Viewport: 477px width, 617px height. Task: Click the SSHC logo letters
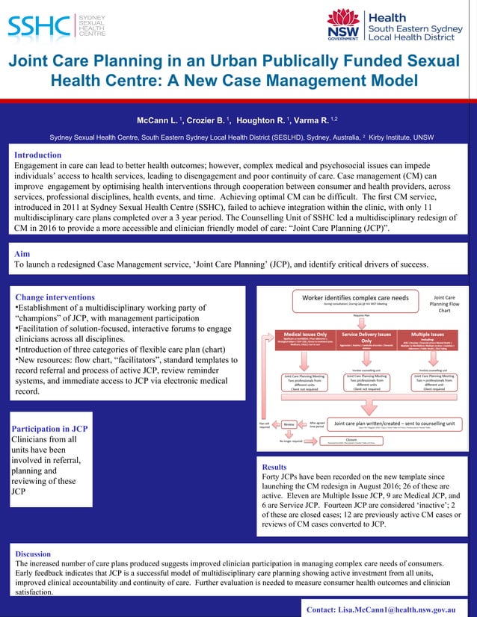38,25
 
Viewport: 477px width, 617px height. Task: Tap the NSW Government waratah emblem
343,22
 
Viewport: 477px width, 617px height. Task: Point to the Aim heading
22,254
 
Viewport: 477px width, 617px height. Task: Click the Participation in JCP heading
49,429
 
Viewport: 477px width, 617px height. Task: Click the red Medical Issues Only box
301,341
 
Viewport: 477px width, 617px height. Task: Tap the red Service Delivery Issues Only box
366,341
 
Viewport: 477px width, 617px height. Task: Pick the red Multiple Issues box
430,341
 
